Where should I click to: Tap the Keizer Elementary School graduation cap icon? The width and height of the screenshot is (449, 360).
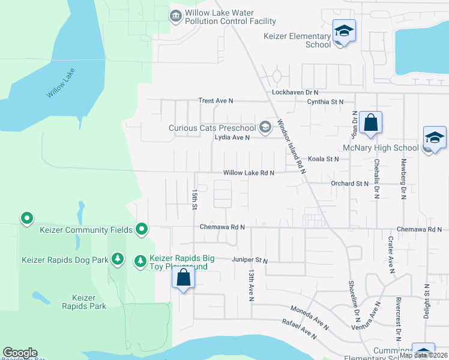click(345, 31)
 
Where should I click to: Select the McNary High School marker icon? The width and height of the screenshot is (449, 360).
click(434, 138)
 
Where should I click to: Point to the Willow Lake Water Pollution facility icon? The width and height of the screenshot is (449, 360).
click(176, 16)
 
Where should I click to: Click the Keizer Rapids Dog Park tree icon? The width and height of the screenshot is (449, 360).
click(119, 259)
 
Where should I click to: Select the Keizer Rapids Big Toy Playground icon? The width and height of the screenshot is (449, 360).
click(140, 260)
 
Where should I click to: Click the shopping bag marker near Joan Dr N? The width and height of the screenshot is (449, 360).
click(371, 123)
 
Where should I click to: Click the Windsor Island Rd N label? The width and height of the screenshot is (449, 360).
click(291, 146)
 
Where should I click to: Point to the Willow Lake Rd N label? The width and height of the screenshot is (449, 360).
click(249, 173)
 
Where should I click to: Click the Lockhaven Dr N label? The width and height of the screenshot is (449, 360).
click(294, 92)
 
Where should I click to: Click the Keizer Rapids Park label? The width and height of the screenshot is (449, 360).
click(89, 302)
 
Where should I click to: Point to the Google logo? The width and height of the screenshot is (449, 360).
click(20, 353)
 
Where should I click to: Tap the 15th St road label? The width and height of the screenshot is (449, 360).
click(194, 200)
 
